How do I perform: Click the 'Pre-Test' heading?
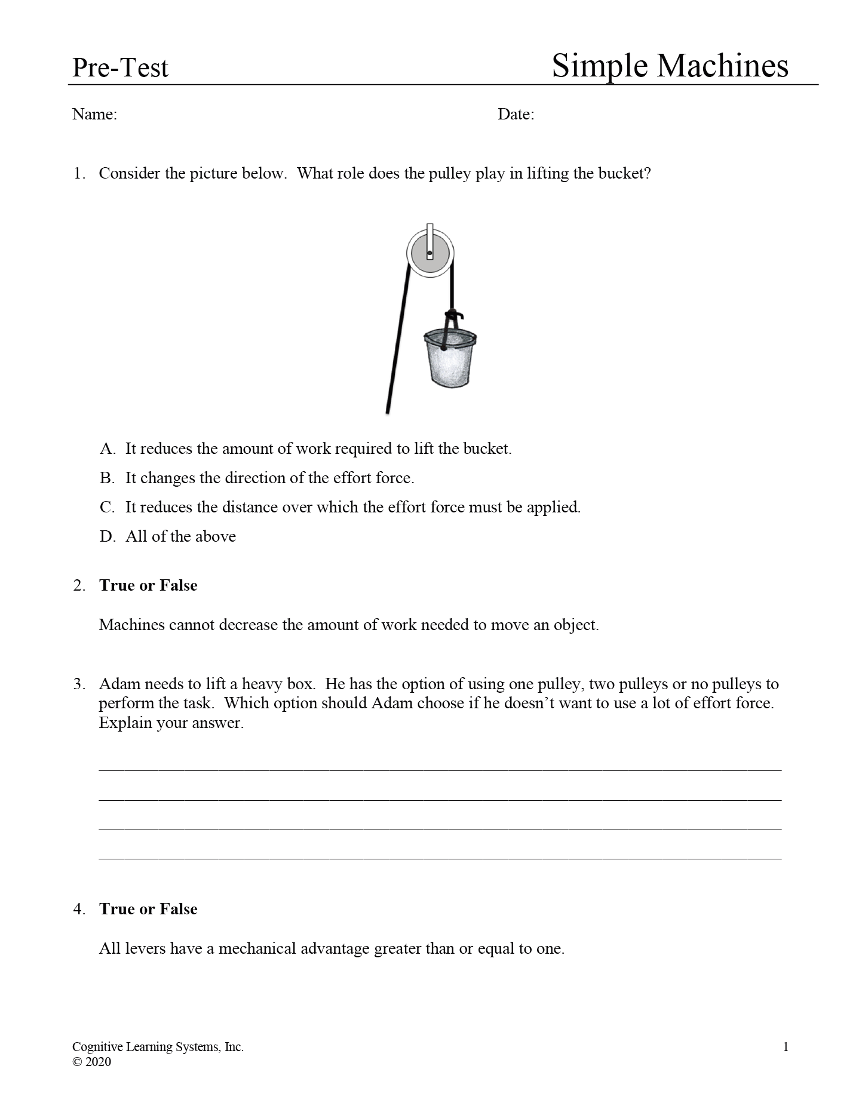pyautogui.click(x=120, y=68)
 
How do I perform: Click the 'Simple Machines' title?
pyautogui.click(x=670, y=66)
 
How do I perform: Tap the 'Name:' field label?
pyautogui.click(x=94, y=114)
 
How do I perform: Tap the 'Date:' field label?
pyautogui.click(x=516, y=114)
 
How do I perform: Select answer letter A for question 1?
pyautogui.click(x=107, y=449)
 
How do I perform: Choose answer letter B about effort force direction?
pyautogui.click(x=107, y=478)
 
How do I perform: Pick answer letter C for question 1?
pyautogui.click(x=107, y=508)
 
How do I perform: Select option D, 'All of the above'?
pyautogui.click(x=107, y=537)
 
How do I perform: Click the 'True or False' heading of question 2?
pyautogui.click(x=148, y=585)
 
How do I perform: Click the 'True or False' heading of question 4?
pyautogui.click(x=148, y=909)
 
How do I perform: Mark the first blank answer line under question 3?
pyautogui.click(x=440, y=769)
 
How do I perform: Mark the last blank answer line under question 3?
pyautogui.click(x=440, y=858)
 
